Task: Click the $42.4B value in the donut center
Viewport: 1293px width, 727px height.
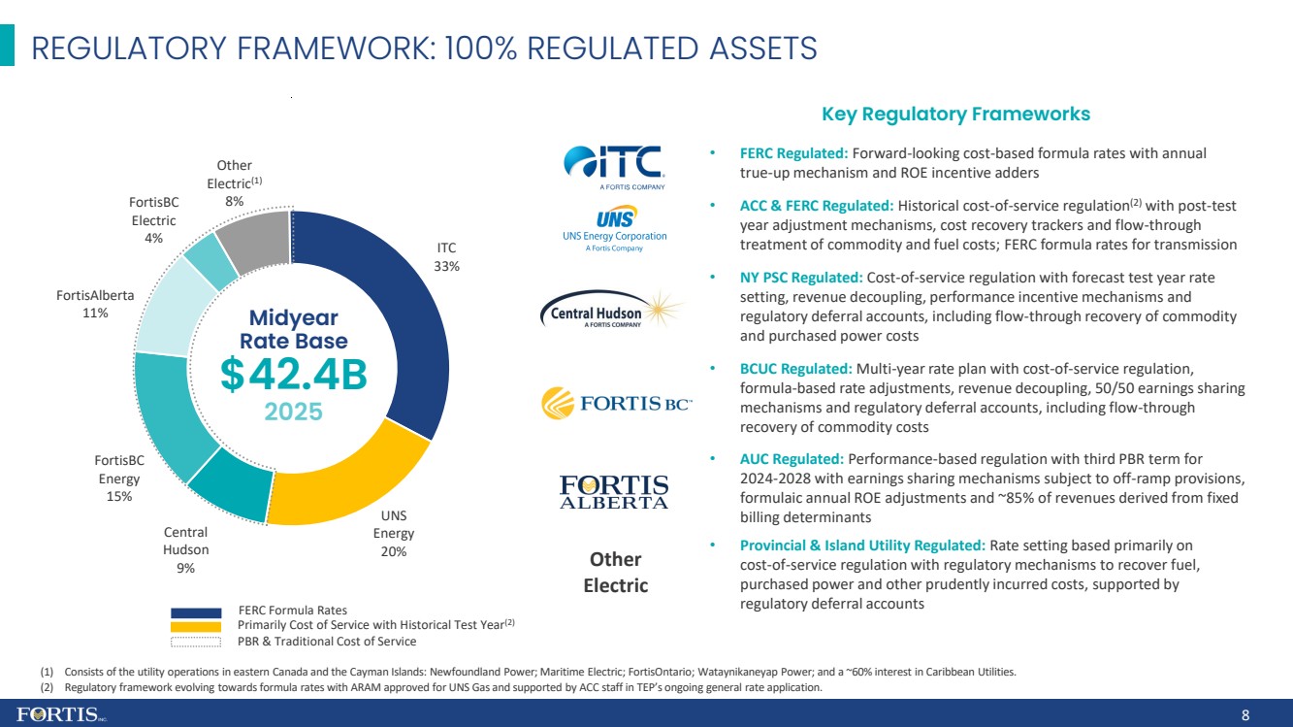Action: click(x=293, y=375)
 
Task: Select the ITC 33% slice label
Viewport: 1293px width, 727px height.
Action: click(x=447, y=257)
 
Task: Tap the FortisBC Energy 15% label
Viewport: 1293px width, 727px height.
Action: click(x=119, y=479)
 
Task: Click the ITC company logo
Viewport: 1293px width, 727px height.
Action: click(x=614, y=167)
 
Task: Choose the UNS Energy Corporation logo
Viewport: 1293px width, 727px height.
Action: click(x=615, y=229)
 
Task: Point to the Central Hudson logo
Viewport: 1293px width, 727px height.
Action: click(x=612, y=309)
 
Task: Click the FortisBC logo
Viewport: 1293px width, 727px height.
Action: click(x=616, y=403)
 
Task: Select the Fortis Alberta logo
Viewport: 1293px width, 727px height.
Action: click(x=614, y=492)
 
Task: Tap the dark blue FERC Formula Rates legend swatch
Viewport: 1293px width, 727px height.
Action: click(x=196, y=613)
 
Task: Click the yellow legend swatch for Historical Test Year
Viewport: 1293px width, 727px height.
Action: click(x=196, y=626)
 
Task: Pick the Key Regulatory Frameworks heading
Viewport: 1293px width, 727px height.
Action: click(x=955, y=115)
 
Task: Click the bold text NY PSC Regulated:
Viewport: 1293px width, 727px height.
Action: click(x=801, y=278)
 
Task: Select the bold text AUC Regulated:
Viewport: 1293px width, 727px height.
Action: click(x=792, y=459)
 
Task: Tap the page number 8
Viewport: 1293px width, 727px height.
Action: click(x=1245, y=715)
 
